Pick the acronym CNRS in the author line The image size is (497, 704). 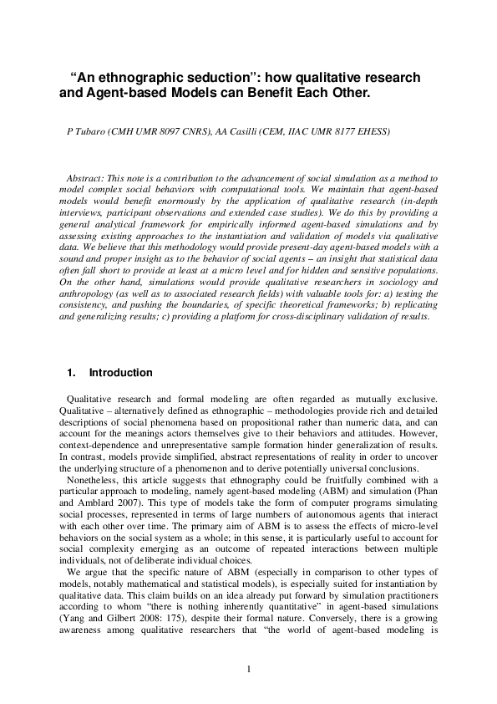[199, 132]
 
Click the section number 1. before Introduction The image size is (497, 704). [70, 373]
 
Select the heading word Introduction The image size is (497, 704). [121, 373]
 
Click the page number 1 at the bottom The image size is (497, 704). [249, 669]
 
